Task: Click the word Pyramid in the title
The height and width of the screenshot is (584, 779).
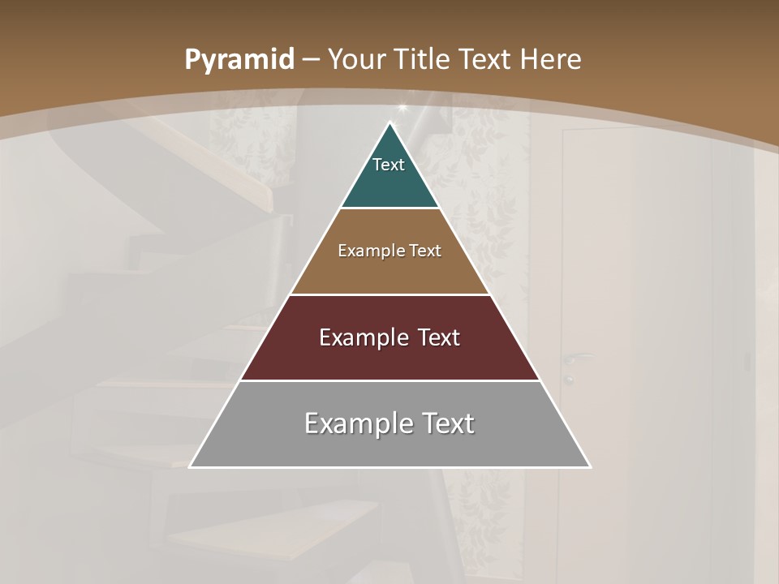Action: click(x=239, y=60)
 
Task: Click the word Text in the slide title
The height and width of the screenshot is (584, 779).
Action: click(x=486, y=59)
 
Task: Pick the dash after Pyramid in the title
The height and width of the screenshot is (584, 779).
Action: click(x=311, y=60)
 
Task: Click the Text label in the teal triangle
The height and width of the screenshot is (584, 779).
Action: click(x=389, y=165)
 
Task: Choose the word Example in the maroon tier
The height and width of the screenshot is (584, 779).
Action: click(x=360, y=337)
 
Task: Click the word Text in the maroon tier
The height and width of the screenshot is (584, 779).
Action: click(x=437, y=337)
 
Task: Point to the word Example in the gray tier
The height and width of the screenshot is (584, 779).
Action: click(x=351, y=423)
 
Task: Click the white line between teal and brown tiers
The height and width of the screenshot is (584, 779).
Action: click(x=390, y=208)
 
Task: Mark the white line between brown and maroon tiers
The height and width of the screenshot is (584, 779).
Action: click(x=390, y=294)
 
